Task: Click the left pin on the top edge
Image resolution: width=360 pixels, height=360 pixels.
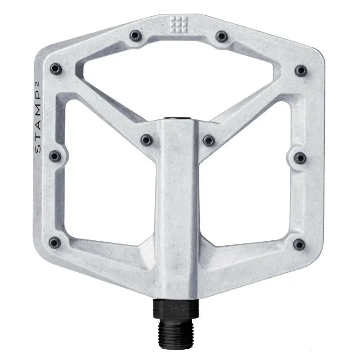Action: pos(135,36)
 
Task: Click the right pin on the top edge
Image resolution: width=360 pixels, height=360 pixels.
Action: pos(220,36)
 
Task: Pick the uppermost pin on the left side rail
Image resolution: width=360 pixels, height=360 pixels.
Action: pos(55,69)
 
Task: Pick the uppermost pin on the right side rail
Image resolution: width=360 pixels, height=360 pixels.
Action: pos(301,70)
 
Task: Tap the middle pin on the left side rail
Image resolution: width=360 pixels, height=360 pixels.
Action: pos(55,156)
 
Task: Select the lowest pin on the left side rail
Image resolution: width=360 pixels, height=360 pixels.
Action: pos(55,243)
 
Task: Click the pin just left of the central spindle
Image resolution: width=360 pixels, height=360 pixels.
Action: pos(147,140)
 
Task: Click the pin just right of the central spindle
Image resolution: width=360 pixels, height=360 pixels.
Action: pos(208,140)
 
